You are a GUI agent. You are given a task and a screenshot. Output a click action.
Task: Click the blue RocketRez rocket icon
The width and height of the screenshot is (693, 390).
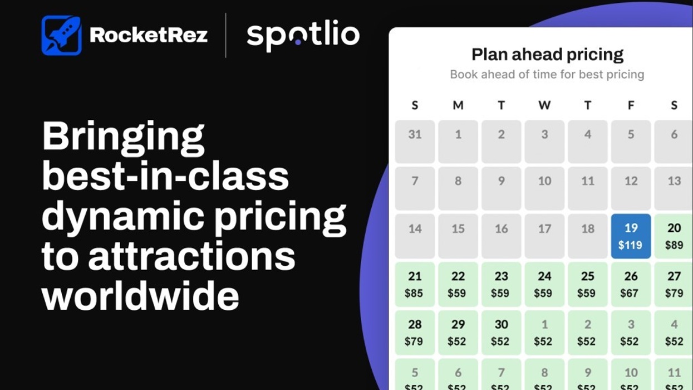pos(61,36)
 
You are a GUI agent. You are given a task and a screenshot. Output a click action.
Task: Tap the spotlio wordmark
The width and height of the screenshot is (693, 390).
pos(303,36)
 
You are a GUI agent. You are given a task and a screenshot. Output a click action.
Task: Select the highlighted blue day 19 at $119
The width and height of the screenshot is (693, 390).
pos(631,236)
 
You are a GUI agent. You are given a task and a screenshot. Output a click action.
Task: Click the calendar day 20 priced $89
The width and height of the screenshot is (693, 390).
pos(674,236)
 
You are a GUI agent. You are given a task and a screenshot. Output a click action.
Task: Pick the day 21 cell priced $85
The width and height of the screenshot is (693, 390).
pos(415,284)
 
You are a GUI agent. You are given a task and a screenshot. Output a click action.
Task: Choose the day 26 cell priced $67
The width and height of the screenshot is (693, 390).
pos(631,284)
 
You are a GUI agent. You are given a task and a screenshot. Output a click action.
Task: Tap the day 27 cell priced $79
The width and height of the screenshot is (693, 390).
pos(674,284)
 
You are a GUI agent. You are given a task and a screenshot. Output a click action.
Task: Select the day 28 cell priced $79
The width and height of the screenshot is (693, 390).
pos(415,333)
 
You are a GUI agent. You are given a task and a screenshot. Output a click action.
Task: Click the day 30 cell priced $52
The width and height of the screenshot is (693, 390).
pos(501,333)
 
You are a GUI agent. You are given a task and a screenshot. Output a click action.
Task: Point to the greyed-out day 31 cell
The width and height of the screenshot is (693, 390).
pos(415,142)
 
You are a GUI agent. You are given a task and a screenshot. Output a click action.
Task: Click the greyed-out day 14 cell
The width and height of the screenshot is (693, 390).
pos(415,236)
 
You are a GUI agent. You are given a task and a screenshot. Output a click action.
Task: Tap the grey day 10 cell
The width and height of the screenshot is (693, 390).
pos(544,188)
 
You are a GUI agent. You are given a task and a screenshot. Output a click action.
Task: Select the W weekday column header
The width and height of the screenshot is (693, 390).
pos(544,105)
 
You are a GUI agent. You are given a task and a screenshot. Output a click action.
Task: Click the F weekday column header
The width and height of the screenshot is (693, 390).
pos(631,105)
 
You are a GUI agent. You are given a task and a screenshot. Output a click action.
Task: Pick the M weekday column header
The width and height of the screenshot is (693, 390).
pos(458,105)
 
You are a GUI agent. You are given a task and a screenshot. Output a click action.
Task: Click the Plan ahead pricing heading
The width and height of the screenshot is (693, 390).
pos(547,55)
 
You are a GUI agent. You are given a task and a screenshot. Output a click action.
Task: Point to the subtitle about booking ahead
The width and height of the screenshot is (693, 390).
pos(547,75)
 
